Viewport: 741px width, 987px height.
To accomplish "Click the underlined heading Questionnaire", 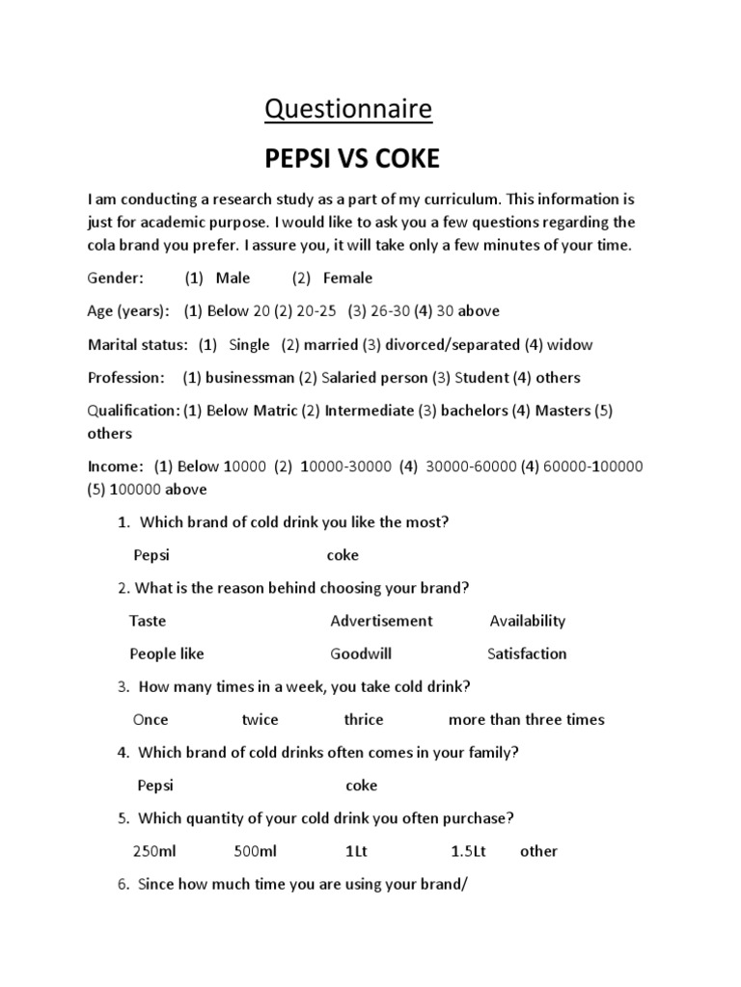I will (x=349, y=110).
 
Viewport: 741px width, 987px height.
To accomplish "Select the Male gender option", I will (x=233, y=278).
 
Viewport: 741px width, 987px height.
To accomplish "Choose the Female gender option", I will (x=347, y=278).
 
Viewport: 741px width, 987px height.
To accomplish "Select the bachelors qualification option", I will (x=474, y=411).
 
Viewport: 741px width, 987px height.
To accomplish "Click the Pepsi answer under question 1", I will (x=151, y=555).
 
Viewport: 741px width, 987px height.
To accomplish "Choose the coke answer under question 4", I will (x=362, y=786).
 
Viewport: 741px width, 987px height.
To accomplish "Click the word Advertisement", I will (x=381, y=621).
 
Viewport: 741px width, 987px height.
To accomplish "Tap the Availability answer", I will (x=527, y=621).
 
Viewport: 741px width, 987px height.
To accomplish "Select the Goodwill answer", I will (x=361, y=654).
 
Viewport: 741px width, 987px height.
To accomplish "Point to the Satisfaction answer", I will (x=527, y=654).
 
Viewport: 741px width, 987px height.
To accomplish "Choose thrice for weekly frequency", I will (x=364, y=719).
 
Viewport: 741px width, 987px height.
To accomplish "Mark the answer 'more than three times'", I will (x=526, y=719).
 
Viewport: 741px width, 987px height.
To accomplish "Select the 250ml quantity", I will (x=155, y=851).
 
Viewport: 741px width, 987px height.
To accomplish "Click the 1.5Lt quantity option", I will (x=469, y=851).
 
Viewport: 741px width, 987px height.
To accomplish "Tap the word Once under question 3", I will (x=151, y=719).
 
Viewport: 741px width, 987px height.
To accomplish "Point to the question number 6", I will (x=123, y=884).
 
